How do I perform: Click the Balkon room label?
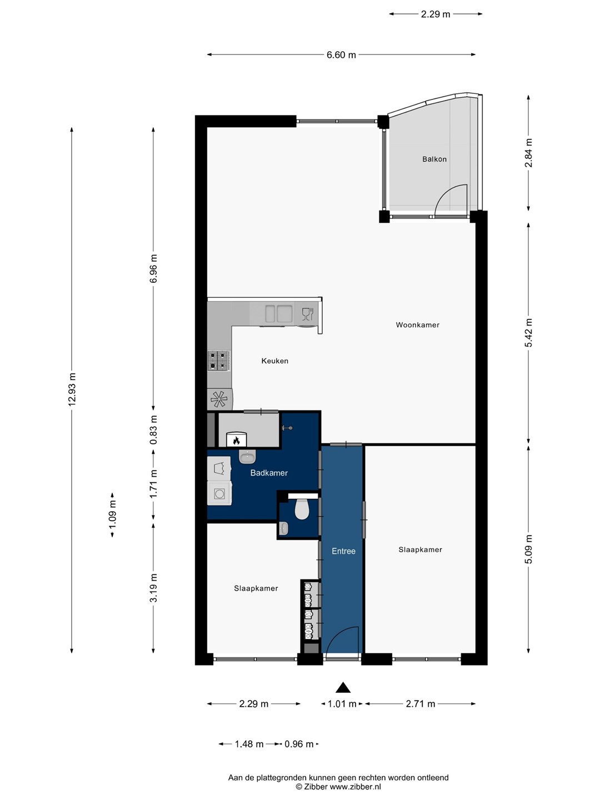tap(434, 159)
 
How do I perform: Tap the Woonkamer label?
tap(417, 325)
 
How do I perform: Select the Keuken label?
tap(274, 361)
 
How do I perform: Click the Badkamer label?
tap(269, 473)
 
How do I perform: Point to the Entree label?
tap(343, 551)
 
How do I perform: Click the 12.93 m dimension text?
tap(72, 389)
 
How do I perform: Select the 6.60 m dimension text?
tap(341, 55)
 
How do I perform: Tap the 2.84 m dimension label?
tap(528, 153)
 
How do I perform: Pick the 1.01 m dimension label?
tap(342, 704)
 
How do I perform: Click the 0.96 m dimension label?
tap(299, 744)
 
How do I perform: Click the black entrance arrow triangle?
tap(343, 687)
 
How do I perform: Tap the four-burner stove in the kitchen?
tap(218, 361)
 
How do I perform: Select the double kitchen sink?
tap(279, 314)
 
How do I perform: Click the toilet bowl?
tap(302, 509)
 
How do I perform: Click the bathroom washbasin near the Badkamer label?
tap(248, 457)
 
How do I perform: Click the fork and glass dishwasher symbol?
tap(307, 314)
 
